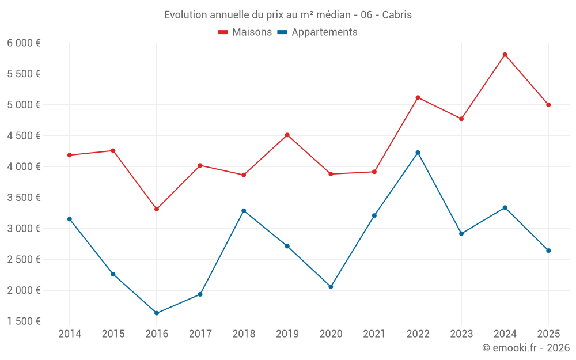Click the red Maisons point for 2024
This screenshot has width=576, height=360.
click(x=505, y=55)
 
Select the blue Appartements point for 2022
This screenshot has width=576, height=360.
click(x=418, y=153)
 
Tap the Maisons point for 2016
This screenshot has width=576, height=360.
click(x=157, y=209)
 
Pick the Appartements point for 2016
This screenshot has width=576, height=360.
click(x=157, y=313)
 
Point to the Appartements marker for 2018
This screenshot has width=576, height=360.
click(x=244, y=211)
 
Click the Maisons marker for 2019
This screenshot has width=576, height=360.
click(x=287, y=135)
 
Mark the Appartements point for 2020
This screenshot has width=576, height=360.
click(x=331, y=286)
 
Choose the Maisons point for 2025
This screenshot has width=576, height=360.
click(x=548, y=105)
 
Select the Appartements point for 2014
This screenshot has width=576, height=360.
click(x=70, y=219)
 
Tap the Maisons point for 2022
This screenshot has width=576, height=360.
click(x=418, y=97)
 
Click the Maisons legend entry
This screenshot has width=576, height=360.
click(x=245, y=32)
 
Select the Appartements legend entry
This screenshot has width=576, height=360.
click(x=317, y=32)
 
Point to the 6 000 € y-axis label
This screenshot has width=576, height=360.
click(x=24, y=43)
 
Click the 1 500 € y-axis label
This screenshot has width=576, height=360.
click(x=24, y=321)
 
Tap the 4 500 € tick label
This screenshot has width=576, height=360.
click(x=24, y=136)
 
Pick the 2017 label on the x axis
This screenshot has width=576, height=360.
click(x=200, y=334)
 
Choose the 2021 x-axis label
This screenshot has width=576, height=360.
click(x=374, y=334)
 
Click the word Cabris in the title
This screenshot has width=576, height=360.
click(x=397, y=15)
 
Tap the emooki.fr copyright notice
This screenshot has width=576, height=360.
click(x=526, y=347)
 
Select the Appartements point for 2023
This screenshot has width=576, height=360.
click(x=461, y=234)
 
